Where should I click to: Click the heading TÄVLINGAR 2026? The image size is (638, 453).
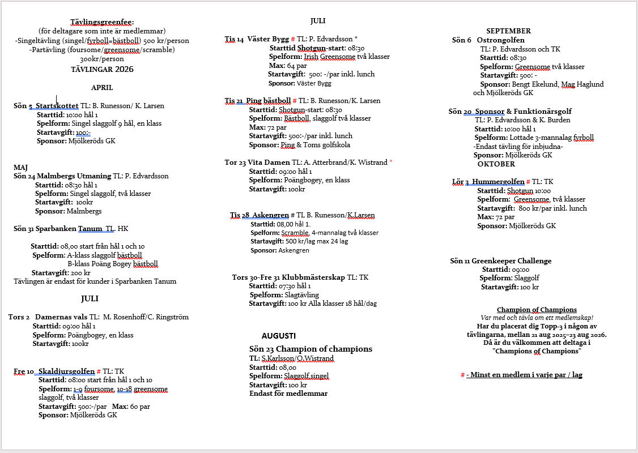[x=102, y=70]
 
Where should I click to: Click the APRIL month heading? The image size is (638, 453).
[x=102, y=88]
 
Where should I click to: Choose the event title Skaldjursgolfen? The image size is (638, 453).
[x=67, y=371]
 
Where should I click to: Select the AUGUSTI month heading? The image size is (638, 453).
[x=279, y=336]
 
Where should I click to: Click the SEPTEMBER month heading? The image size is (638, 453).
[x=508, y=31]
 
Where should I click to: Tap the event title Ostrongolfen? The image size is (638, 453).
[x=500, y=40]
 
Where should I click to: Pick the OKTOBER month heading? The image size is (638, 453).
[x=496, y=164]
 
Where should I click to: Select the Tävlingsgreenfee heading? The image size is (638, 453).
[x=102, y=22]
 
